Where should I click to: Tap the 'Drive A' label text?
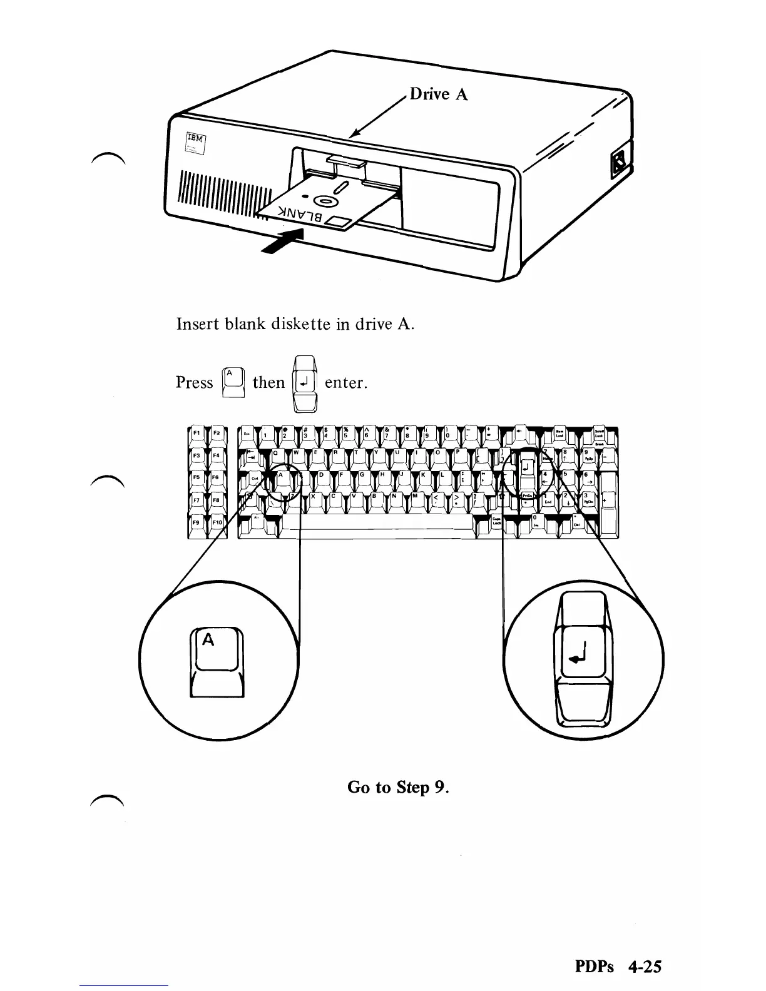[x=438, y=94]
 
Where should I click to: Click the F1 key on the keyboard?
[x=197, y=433]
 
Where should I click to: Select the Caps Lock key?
[x=496, y=521]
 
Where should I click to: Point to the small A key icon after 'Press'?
[x=229, y=380]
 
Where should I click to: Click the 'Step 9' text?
[x=421, y=786]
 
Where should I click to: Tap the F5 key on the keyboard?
[x=197, y=478]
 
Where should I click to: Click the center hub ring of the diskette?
[x=324, y=201]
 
